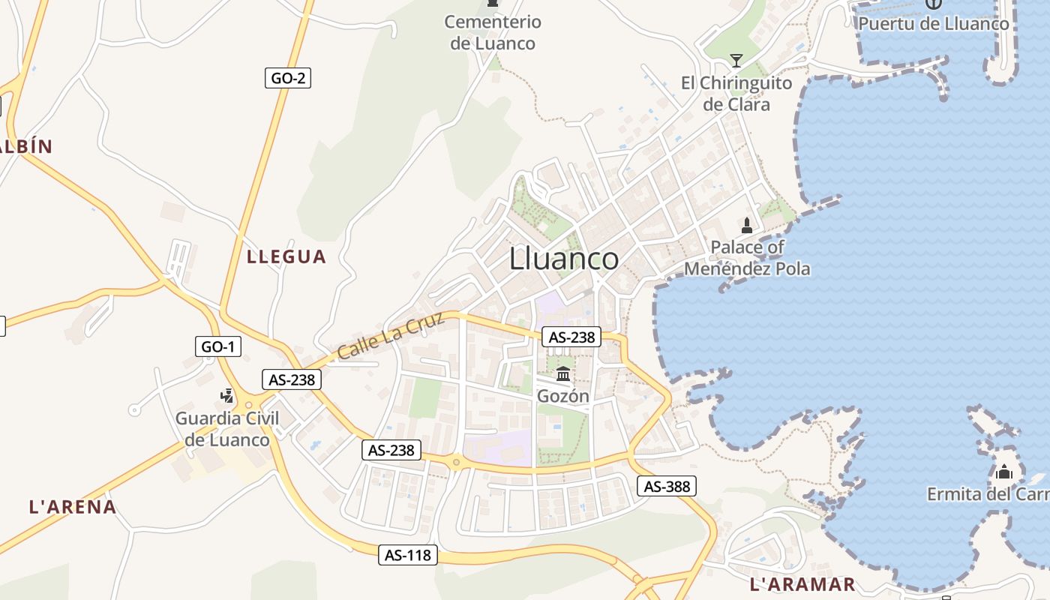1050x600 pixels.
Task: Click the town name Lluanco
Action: click(564, 259)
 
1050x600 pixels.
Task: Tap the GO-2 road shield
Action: click(288, 78)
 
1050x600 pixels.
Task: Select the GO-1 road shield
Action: click(218, 346)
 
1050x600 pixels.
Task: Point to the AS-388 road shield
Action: click(667, 486)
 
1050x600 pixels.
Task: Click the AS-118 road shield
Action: click(407, 555)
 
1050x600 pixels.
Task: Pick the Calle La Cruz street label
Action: click(391, 336)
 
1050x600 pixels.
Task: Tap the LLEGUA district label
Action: click(286, 256)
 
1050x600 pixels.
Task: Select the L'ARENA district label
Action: click(73, 507)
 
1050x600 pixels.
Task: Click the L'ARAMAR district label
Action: click(802, 584)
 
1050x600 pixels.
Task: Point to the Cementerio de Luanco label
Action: click(493, 32)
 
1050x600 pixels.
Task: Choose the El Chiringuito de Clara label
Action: click(736, 93)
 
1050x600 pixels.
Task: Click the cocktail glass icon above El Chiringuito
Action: click(736, 60)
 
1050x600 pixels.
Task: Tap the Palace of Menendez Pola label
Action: click(748, 257)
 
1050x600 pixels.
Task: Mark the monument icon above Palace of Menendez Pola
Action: click(747, 225)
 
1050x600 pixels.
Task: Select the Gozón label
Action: click(563, 396)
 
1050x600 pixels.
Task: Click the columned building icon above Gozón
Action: click(563, 373)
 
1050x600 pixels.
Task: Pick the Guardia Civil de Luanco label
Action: click(227, 429)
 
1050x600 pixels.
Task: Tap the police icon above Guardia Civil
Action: click(227, 395)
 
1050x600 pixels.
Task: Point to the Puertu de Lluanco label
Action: click(934, 23)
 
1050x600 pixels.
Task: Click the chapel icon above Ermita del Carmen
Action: click(1003, 472)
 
